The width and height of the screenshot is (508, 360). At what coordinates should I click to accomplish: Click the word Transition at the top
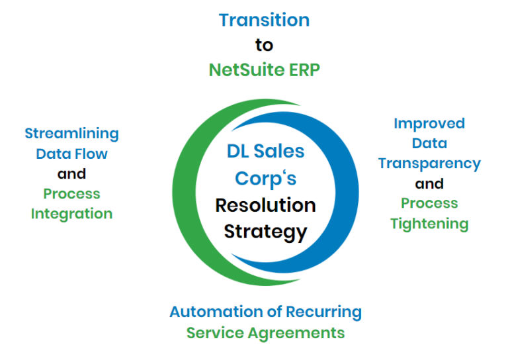pos(264,20)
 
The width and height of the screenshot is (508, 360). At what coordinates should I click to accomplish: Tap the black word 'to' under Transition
pos(264,45)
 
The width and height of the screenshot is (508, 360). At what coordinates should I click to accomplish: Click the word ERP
pos(304,70)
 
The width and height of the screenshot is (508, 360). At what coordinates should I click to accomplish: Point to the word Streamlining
pos(72,134)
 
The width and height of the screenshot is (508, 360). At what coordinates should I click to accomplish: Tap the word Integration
pos(71,214)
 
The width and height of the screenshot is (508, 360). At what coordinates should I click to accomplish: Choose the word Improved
pos(429,124)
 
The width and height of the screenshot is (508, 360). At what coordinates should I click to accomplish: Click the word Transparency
pos(429,164)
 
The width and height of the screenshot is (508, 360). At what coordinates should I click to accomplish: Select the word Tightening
pos(429,224)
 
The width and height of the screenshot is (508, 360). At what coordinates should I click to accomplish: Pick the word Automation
pos(216,312)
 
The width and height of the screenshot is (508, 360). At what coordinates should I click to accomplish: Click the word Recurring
pos(323,312)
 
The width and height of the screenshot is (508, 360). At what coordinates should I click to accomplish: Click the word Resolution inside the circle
pos(266,205)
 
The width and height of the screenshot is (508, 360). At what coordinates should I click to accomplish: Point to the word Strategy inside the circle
pos(266,232)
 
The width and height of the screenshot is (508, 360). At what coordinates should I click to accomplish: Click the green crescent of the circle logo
pos(184,193)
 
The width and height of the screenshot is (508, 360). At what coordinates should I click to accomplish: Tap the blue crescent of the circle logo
pos(347,193)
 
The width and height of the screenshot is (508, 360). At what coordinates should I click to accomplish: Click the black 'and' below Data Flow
pos(71,174)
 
